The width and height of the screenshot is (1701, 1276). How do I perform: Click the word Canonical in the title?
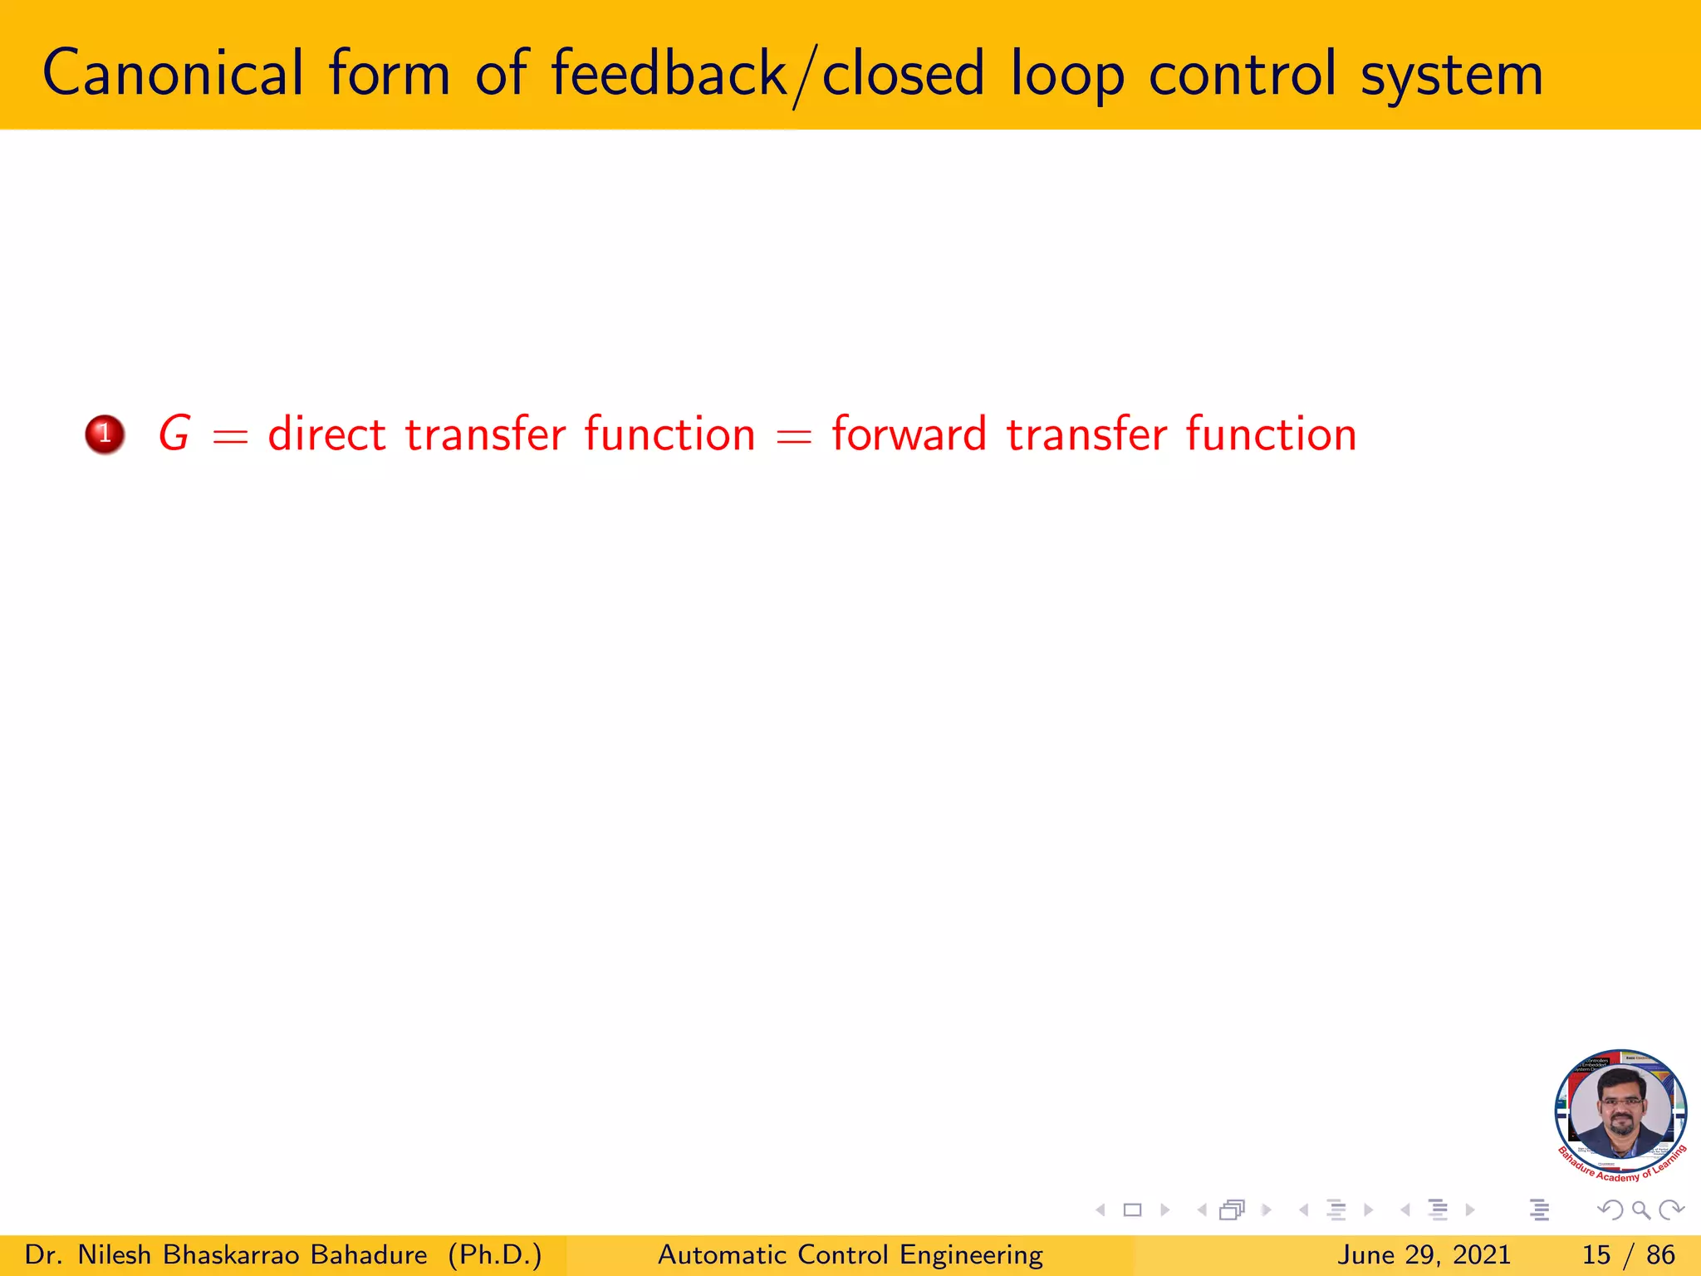pos(173,73)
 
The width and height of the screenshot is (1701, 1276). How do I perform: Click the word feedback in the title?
pos(669,73)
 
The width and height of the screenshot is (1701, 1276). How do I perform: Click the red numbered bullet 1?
pos(105,434)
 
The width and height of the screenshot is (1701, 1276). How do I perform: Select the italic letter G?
pos(174,434)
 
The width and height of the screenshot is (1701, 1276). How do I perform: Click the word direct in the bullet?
pos(326,434)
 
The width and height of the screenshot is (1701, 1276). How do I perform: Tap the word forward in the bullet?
pos(909,434)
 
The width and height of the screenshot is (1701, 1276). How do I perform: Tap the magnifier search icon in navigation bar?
pos(1640,1210)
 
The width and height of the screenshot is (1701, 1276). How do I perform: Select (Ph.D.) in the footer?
pos(495,1254)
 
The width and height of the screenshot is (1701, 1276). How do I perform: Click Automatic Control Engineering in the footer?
pos(850,1254)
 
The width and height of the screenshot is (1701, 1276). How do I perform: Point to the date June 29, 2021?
pos(1423,1254)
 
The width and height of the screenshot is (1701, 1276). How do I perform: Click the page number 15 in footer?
pos(1596,1254)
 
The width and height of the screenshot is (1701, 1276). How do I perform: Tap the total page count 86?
pos(1660,1254)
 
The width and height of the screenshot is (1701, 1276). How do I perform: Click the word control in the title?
pos(1243,73)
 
